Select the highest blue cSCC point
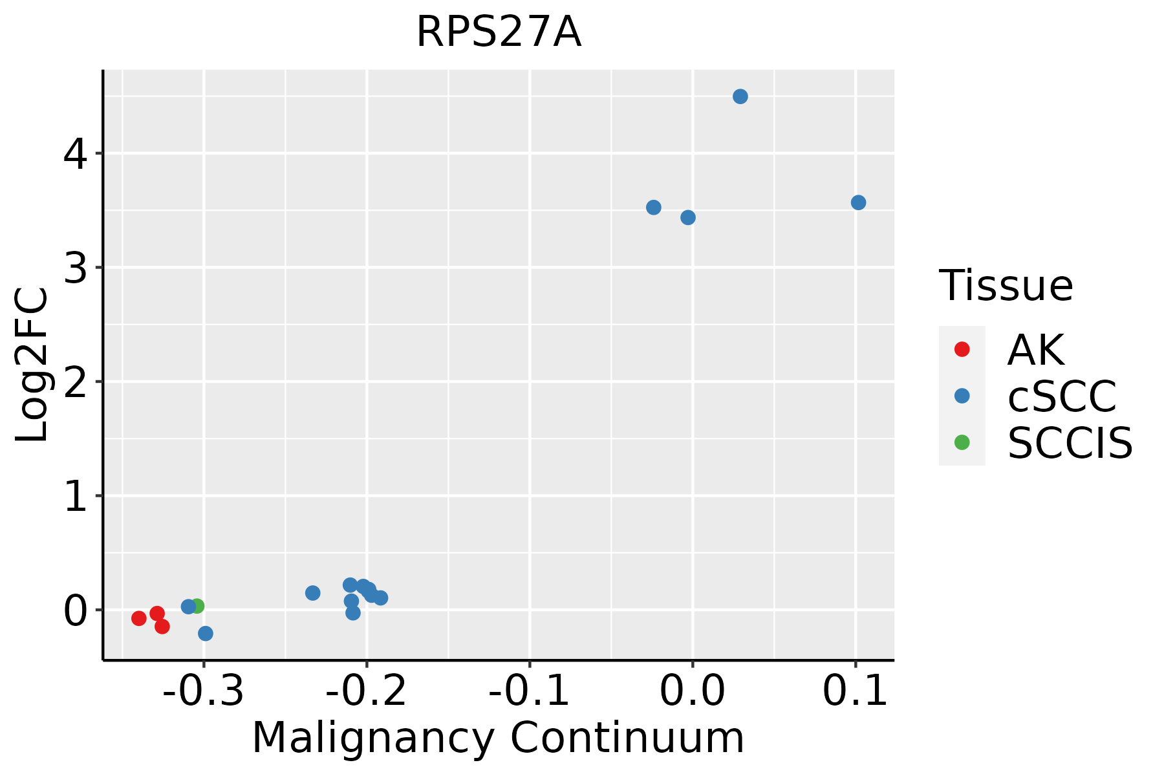click(x=740, y=96)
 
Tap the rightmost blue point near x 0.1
click(x=858, y=202)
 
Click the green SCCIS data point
click(x=197, y=606)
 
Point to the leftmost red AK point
click(x=138, y=618)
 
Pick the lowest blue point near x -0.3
click(x=206, y=633)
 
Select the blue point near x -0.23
click(x=312, y=592)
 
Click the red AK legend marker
click(x=962, y=349)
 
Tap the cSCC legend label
click(x=1062, y=396)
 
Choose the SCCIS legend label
click(x=1070, y=444)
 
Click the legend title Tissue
click(x=1006, y=286)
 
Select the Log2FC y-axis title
click(x=32, y=365)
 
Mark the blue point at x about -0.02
click(x=653, y=207)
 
